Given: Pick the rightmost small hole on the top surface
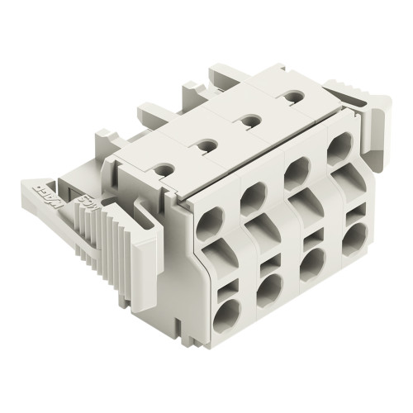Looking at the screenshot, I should pyautogui.click(x=290, y=98).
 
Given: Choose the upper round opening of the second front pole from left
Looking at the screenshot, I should pyautogui.click(x=252, y=198).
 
